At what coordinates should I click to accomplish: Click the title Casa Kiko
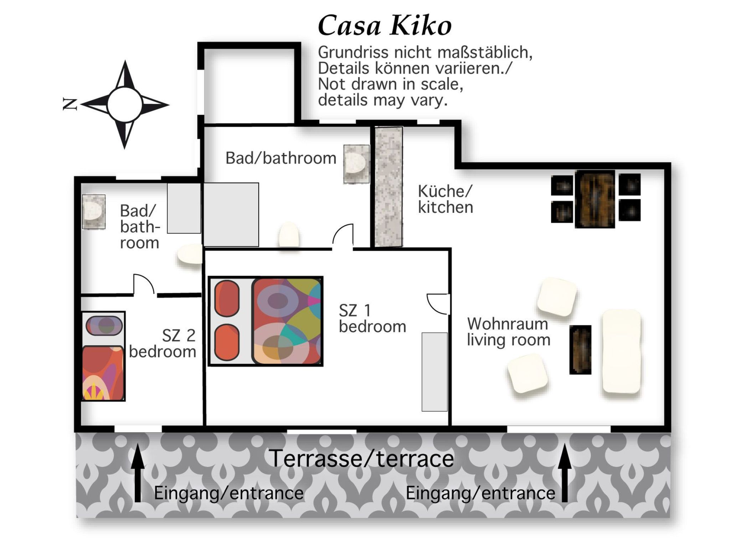click(x=385, y=26)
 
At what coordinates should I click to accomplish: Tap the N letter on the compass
click(x=70, y=104)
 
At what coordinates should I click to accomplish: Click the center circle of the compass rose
click(x=124, y=105)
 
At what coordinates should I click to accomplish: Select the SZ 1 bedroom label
click(x=372, y=319)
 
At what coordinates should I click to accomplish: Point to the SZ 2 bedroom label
click(x=163, y=344)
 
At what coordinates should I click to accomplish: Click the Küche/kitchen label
click(x=445, y=199)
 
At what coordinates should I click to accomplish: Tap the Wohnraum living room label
click(x=509, y=332)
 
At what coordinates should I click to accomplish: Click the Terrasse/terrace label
click(x=361, y=458)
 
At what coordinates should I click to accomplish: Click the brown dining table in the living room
click(x=595, y=199)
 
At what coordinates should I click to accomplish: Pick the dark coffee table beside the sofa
click(x=580, y=350)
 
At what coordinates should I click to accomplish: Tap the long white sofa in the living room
click(x=621, y=351)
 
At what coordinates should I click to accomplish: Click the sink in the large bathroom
click(x=356, y=164)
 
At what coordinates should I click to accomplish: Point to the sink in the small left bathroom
click(x=93, y=212)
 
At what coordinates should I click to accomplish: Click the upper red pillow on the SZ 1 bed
click(x=227, y=299)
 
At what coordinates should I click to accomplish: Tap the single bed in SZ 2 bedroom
click(x=103, y=356)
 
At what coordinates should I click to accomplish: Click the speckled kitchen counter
click(x=389, y=187)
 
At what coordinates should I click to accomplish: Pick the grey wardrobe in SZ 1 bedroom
click(x=435, y=372)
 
